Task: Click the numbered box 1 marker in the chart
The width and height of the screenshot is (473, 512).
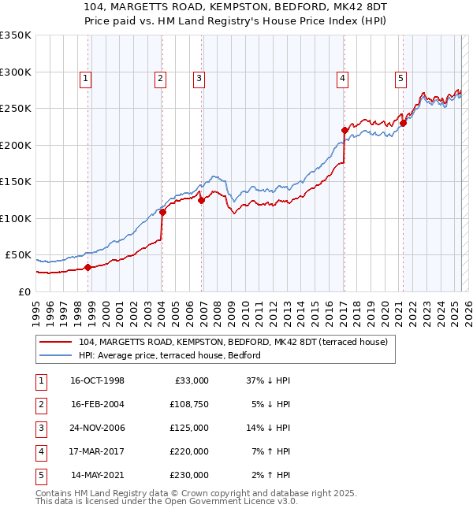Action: tap(84, 78)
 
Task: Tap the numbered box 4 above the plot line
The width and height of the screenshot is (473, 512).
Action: tap(343, 78)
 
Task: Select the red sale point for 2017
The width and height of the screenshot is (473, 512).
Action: tap(345, 130)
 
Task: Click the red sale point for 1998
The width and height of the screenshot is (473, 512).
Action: tap(88, 267)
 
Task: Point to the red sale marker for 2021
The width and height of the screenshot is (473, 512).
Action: tap(403, 123)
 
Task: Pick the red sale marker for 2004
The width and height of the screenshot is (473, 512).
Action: tap(162, 212)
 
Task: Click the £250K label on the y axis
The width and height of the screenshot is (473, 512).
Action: tap(16, 108)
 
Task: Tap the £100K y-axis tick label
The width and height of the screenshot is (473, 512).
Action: tap(16, 218)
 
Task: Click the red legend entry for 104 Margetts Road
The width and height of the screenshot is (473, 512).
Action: tap(233, 343)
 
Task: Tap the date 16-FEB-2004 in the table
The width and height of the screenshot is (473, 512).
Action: tap(98, 405)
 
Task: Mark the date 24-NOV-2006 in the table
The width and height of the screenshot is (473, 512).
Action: tap(98, 429)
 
